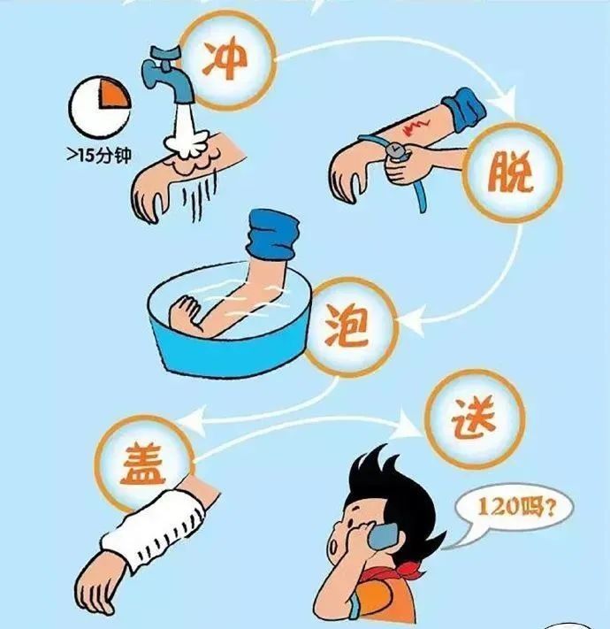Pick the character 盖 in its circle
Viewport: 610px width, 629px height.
click(142, 462)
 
